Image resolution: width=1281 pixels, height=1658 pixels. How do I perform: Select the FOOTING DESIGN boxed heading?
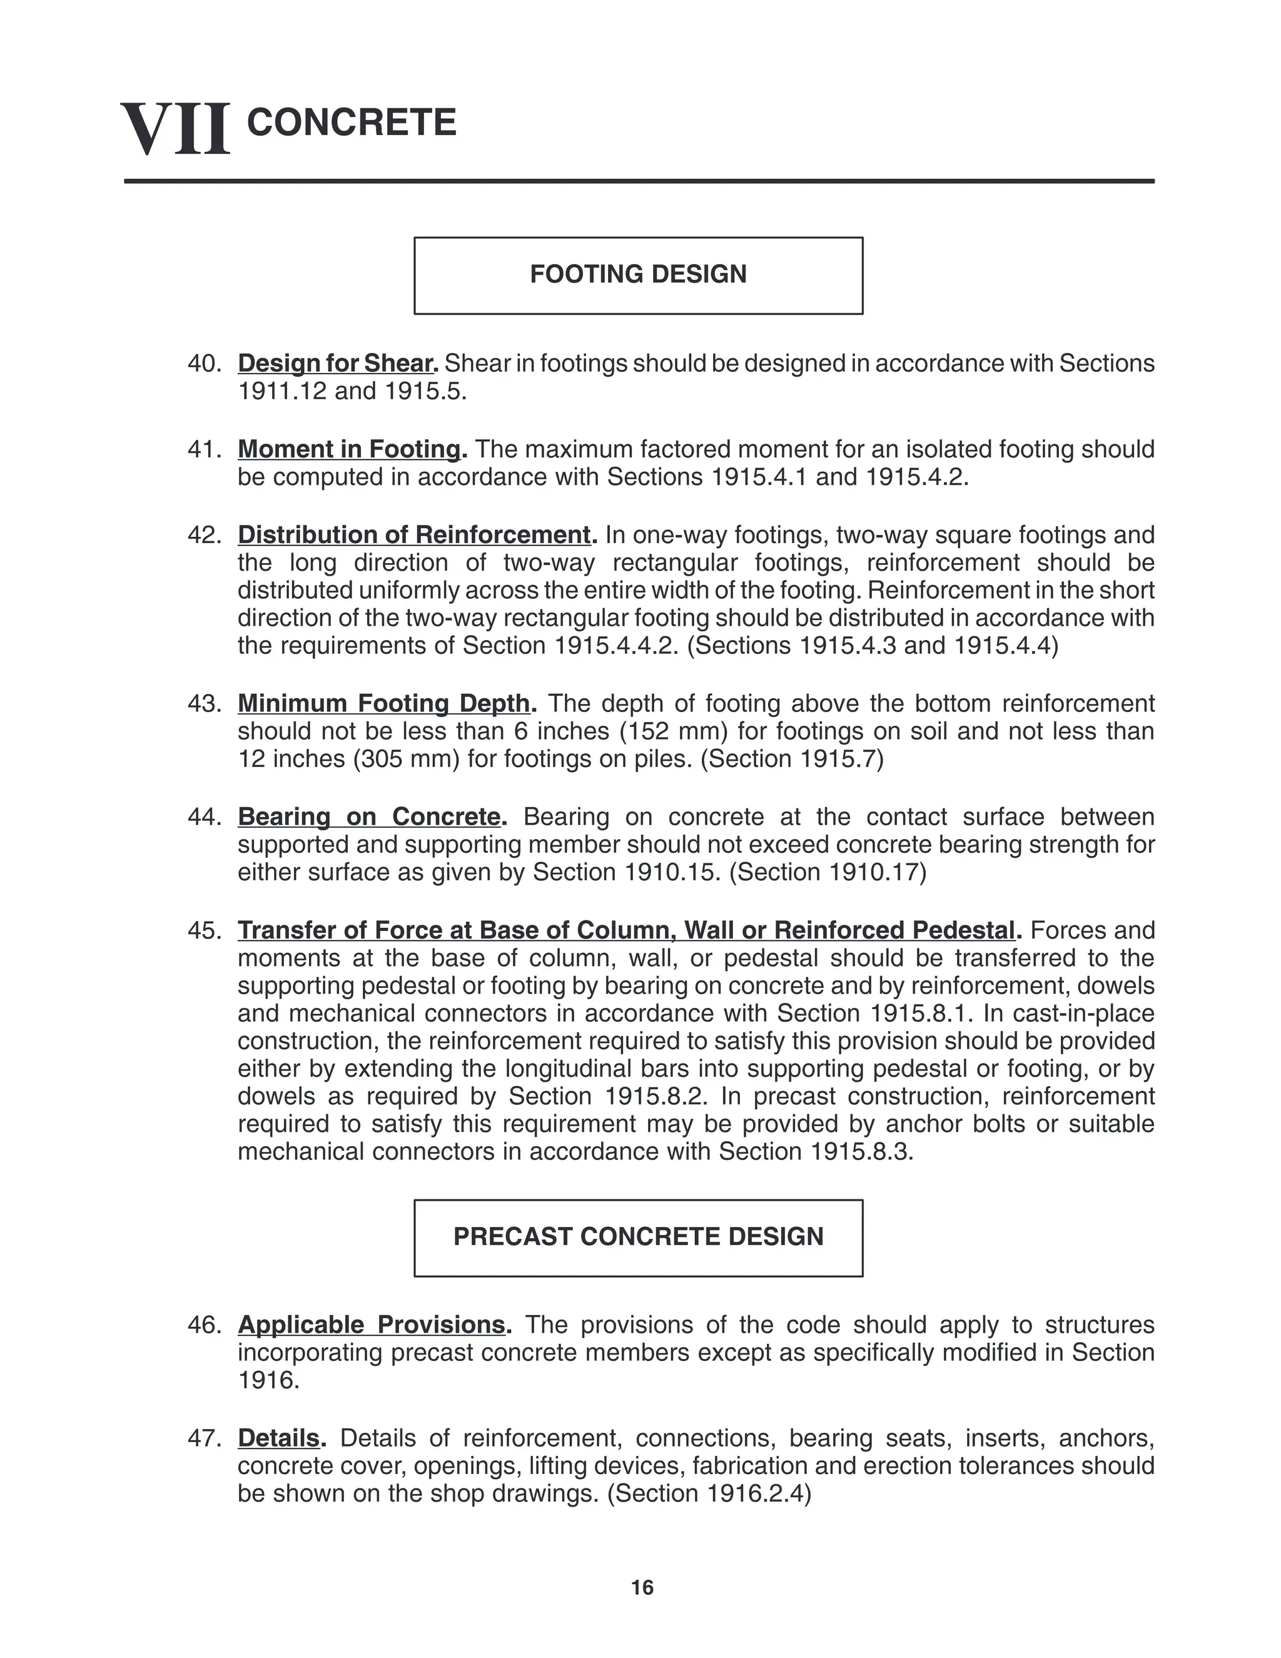638,275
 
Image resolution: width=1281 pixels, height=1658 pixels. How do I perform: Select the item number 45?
203,931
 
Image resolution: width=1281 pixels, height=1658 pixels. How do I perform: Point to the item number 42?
203,535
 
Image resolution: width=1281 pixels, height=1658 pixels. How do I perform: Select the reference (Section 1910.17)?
827,872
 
